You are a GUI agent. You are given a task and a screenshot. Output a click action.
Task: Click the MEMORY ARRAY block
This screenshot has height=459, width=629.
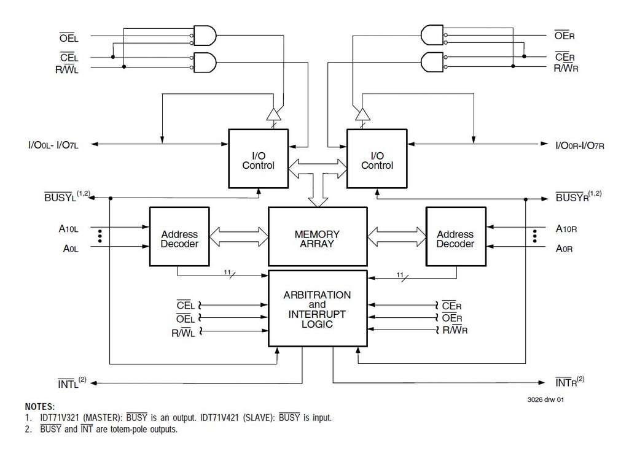click(x=318, y=236)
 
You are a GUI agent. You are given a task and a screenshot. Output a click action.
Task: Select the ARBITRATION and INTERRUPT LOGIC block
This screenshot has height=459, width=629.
click(x=318, y=308)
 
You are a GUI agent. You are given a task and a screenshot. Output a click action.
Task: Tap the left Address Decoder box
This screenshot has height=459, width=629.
click(x=179, y=236)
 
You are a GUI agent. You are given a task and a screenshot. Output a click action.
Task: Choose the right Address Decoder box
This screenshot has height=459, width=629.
click(x=456, y=236)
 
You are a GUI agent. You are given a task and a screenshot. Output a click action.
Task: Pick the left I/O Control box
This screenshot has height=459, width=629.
click(x=259, y=158)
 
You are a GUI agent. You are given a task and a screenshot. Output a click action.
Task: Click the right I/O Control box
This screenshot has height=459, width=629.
click(x=377, y=158)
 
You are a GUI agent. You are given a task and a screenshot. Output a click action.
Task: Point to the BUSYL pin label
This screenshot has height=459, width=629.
click(x=67, y=196)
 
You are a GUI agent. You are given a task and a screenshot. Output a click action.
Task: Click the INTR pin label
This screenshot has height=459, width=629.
click(x=569, y=382)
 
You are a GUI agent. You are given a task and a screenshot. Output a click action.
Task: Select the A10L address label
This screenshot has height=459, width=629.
click(x=69, y=229)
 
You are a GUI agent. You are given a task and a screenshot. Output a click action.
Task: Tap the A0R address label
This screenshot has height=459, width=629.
click(x=564, y=249)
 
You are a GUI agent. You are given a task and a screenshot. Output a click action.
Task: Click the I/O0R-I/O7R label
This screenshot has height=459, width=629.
click(x=580, y=145)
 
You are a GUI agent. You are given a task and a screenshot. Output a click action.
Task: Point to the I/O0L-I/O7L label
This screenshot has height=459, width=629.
click(x=53, y=145)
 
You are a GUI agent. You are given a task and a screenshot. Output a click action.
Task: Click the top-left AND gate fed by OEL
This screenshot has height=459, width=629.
click(x=205, y=36)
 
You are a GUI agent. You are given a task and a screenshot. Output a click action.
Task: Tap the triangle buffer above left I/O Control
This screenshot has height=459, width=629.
click(x=274, y=114)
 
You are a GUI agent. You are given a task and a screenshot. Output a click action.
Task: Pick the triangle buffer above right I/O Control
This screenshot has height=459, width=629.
click(x=362, y=114)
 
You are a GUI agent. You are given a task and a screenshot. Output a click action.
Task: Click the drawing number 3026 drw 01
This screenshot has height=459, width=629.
click(x=545, y=399)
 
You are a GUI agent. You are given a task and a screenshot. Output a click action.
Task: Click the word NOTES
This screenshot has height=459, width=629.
click(x=40, y=406)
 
